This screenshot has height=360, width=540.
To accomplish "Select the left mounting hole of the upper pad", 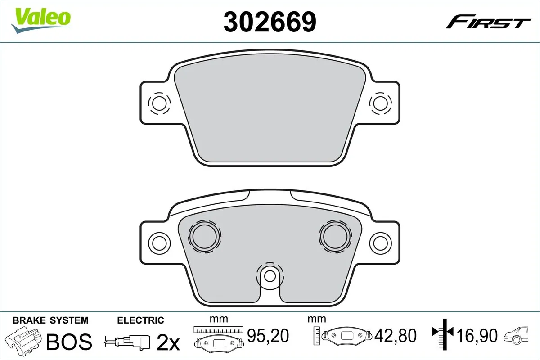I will click(158, 103).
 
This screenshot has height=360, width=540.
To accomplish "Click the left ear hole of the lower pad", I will click(158, 243).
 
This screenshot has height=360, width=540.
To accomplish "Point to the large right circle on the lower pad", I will click(335, 235).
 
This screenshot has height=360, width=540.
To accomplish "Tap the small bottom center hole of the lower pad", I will click(270, 275).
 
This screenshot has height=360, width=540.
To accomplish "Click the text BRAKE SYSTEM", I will click(50, 320).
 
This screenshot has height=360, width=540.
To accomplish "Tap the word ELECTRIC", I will click(140, 320).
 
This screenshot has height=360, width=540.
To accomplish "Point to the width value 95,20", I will click(268, 335).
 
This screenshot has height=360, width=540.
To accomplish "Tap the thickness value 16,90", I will click(477, 335).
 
